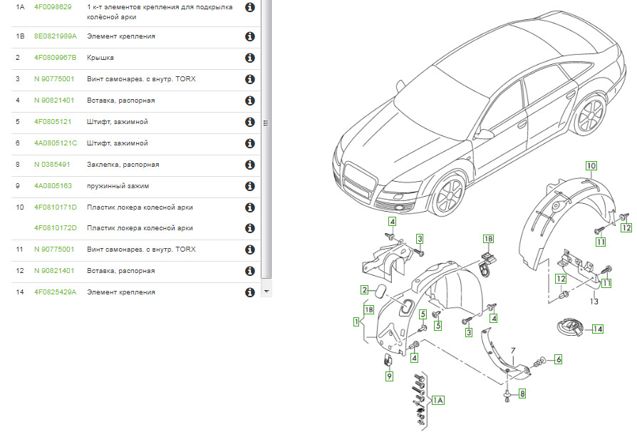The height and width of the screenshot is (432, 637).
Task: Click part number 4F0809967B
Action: [55, 58]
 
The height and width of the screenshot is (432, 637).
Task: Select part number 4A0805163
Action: [53, 186]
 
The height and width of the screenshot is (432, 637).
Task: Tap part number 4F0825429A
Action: [55, 292]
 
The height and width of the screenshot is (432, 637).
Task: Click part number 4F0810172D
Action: [56, 228]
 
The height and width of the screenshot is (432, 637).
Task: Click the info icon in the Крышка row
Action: [250, 58]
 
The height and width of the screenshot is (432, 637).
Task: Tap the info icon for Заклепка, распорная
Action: [250, 165]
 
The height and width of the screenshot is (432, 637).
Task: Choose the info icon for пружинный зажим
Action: [250, 186]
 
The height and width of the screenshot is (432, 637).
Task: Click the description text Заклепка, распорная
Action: [123, 165]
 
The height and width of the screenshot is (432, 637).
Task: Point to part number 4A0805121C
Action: [56, 143]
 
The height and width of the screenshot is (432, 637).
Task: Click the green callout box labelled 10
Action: [591, 166]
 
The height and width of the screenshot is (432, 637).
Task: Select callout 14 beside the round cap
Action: [597, 329]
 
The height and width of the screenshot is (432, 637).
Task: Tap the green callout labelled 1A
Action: [438, 401]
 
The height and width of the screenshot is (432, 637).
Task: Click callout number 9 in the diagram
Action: [389, 376]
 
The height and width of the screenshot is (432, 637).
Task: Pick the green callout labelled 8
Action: [522, 394]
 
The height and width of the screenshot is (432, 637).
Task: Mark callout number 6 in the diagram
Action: [558, 359]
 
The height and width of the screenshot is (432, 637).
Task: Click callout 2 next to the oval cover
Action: [364, 290]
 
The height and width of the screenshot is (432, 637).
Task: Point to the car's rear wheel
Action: [589, 115]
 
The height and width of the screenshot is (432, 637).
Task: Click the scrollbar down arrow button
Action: [266, 292]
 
